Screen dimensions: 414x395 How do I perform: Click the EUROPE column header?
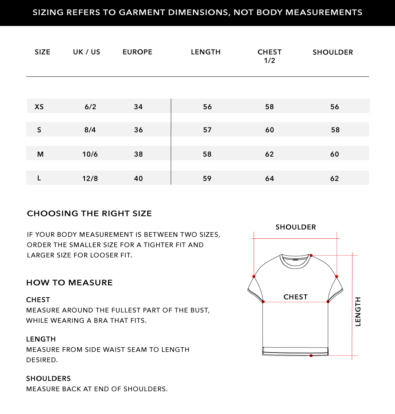(137, 52)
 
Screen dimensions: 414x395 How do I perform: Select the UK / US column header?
(87, 52)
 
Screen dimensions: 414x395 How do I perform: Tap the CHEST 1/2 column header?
(269, 56)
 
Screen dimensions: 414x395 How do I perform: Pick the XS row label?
(39, 106)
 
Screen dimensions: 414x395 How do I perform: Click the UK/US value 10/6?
(90, 154)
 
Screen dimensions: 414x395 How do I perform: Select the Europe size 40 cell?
(138, 179)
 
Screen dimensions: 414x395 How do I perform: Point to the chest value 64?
(270, 179)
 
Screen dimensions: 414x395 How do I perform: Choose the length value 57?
(207, 130)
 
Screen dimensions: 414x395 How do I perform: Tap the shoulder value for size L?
(334, 179)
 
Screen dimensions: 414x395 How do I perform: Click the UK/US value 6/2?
(90, 107)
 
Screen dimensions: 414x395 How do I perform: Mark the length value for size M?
(207, 154)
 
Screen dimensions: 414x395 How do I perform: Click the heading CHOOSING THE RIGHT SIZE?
(89, 214)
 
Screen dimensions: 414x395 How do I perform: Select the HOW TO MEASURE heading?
(69, 282)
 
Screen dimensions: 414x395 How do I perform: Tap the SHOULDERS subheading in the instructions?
(48, 378)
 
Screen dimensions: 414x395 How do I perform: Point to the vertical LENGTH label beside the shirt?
(358, 311)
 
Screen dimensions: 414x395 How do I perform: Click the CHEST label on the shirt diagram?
(296, 297)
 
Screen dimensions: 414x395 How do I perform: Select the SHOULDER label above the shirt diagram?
(296, 227)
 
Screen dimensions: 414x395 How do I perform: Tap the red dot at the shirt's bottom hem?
(311, 355)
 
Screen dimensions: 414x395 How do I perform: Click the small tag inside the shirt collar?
(295, 260)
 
